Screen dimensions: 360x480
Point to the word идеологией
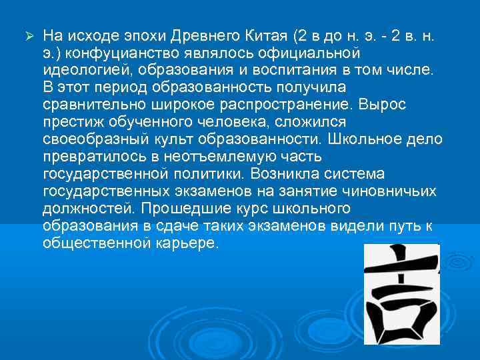tap(79, 69)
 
